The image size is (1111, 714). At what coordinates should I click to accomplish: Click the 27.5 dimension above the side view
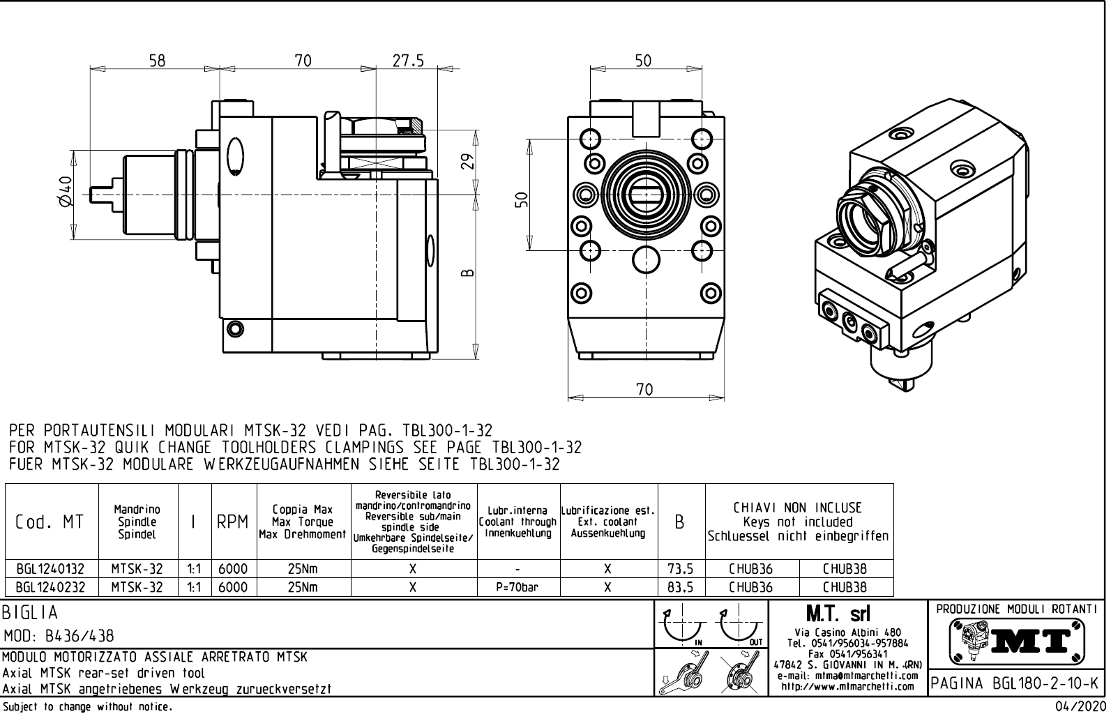(407, 61)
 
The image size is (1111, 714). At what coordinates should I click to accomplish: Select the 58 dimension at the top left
(157, 61)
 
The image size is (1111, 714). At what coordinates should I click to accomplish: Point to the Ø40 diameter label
(65, 191)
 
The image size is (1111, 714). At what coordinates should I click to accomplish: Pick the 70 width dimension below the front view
(644, 390)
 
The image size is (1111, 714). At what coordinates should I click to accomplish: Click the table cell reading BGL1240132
(50, 569)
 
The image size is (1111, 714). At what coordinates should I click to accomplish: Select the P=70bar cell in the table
(518, 587)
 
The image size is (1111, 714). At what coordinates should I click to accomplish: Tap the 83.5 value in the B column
(680, 587)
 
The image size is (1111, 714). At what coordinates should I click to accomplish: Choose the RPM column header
(233, 522)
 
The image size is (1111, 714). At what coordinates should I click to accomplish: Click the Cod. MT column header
(50, 522)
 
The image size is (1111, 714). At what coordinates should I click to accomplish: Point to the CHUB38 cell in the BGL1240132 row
(845, 569)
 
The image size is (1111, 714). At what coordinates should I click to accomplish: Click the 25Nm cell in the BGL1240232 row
(303, 587)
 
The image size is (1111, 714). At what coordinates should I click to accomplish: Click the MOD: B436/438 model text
(59, 636)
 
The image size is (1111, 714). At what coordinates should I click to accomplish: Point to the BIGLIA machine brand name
(31, 613)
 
